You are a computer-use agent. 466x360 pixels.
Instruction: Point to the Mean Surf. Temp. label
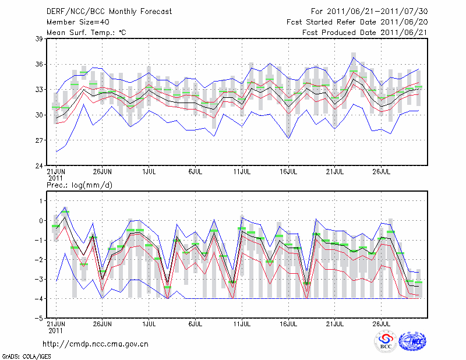(x=86, y=33)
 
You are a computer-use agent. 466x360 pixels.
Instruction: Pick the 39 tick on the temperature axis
(x=40, y=38)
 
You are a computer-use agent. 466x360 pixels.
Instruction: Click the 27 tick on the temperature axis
(x=40, y=140)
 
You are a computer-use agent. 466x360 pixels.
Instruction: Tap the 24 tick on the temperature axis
(x=40, y=166)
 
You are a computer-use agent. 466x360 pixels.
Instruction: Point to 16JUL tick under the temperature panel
(x=290, y=172)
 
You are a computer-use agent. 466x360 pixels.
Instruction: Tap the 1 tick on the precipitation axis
(x=41, y=201)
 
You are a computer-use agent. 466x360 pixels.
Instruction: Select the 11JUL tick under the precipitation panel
(x=242, y=324)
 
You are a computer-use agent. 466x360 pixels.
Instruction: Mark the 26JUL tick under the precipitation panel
(x=382, y=324)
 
